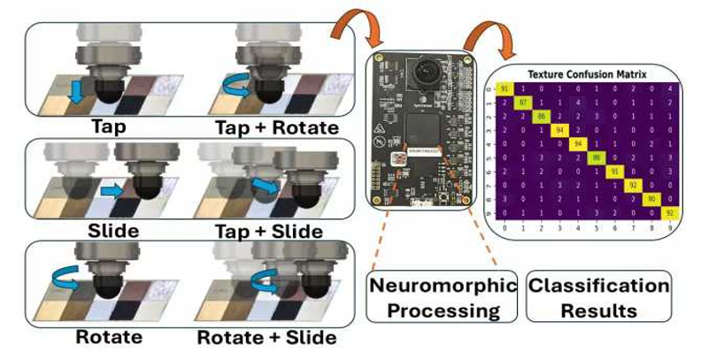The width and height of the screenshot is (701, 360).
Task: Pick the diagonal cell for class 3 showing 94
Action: click(558, 129)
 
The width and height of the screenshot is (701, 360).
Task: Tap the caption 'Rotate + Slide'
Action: click(266, 337)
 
